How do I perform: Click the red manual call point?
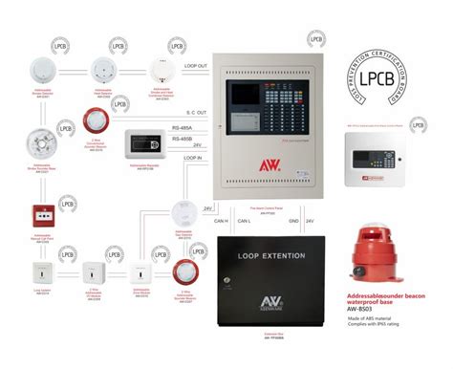pyautogui.click(x=43, y=213)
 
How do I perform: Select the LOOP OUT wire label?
pyautogui.click(x=196, y=67)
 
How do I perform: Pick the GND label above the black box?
pyautogui.click(x=295, y=223)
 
